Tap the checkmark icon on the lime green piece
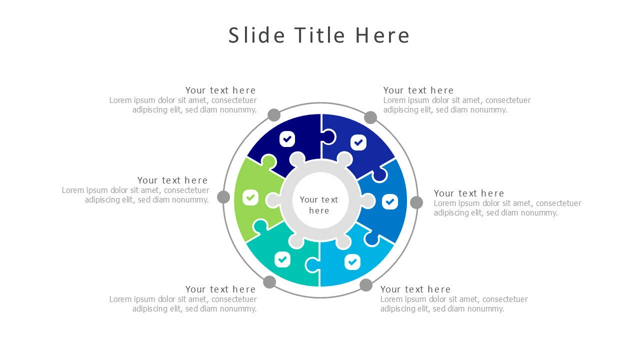[x=250, y=197]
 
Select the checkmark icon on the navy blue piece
[x=287, y=138]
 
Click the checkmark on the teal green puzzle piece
[x=282, y=259]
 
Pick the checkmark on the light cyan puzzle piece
[x=352, y=261]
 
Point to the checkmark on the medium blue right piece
[x=390, y=202]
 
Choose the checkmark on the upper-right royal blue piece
[x=358, y=142]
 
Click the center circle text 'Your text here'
[x=319, y=205]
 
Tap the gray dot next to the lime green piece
[x=223, y=197]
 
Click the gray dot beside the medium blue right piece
[x=416, y=202]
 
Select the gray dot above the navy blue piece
[x=274, y=115]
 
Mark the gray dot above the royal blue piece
[x=370, y=117]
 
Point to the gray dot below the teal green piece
[x=269, y=282]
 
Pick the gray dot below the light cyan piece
[x=366, y=285]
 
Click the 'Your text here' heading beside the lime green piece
[x=172, y=180]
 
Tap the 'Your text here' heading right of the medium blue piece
[x=469, y=193]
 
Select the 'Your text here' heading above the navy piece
[x=220, y=90]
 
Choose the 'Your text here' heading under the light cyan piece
[x=415, y=289]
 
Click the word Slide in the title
[x=256, y=35]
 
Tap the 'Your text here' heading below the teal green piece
[x=220, y=289]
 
